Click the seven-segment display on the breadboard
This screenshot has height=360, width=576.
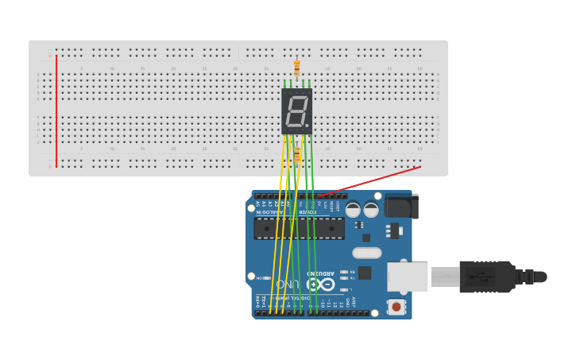296,110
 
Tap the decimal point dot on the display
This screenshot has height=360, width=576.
307,125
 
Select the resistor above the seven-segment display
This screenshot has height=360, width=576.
297,69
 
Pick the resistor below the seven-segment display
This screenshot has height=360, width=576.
297,153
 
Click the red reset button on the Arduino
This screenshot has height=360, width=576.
396,306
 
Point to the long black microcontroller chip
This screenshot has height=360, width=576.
299,229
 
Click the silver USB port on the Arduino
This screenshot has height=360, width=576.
408,277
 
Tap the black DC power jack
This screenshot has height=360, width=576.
401,206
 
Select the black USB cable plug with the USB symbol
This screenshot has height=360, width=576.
486,277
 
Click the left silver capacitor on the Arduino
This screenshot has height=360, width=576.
353,210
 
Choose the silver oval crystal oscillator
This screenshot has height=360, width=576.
366,253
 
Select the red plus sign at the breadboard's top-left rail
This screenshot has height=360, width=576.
49,56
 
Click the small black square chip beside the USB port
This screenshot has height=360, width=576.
365,273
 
